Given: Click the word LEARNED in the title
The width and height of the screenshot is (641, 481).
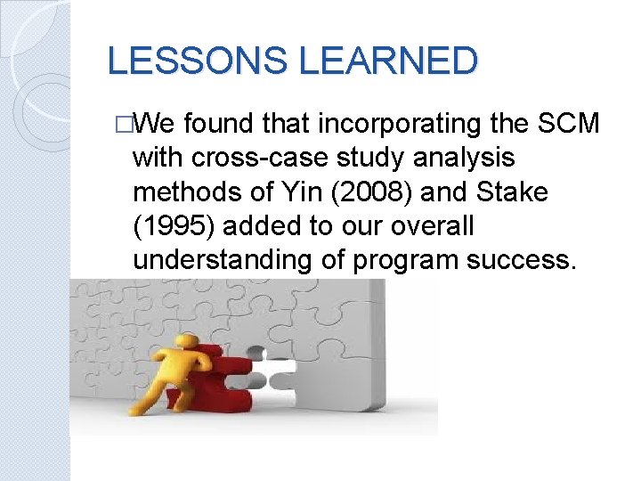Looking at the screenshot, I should (388, 61).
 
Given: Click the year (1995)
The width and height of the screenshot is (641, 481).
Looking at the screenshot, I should (169, 226).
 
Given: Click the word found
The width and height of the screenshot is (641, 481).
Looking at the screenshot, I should (219, 123).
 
